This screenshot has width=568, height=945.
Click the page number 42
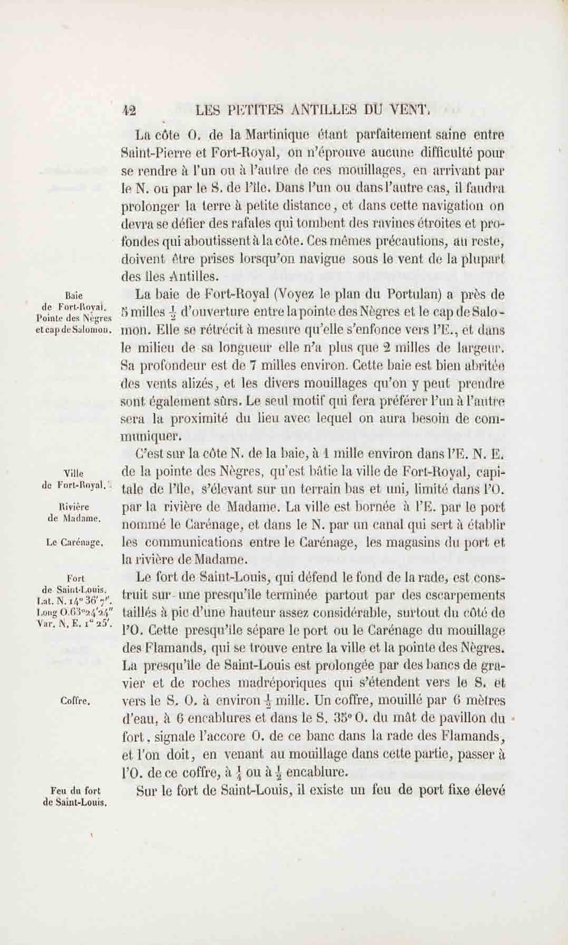[129, 111]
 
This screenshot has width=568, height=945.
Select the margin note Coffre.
[75, 701]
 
